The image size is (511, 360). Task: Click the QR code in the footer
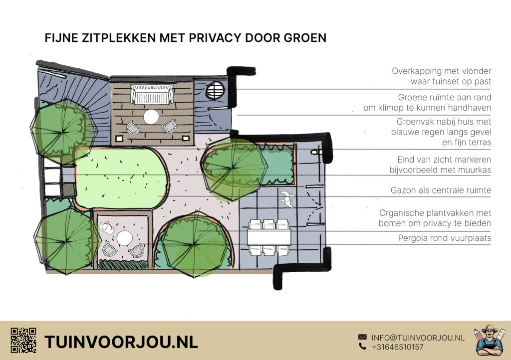tap(23, 340)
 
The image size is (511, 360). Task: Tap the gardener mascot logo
tap(490, 340)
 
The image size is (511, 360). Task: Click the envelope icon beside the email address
tap(362, 337)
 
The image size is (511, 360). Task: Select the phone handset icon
tap(362, 347)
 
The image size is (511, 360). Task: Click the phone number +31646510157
tap(398, 347)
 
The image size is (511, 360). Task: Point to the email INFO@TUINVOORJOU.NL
tap(418, 338)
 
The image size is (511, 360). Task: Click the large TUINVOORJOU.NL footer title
tap(121, 342)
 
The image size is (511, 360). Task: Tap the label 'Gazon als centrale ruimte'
tap(441, 190)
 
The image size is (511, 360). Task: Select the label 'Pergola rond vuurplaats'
tap(445, 238)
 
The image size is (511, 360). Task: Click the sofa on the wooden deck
tap(152, 94)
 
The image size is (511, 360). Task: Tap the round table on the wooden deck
tap(151, 117)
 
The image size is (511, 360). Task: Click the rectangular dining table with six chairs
tap(269, 237)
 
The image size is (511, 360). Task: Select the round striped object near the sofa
tap(215, 90)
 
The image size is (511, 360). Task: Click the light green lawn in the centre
tap(121, 178)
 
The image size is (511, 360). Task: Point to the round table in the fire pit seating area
tap(124, 238)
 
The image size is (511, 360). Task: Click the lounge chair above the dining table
tap(287, 198)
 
